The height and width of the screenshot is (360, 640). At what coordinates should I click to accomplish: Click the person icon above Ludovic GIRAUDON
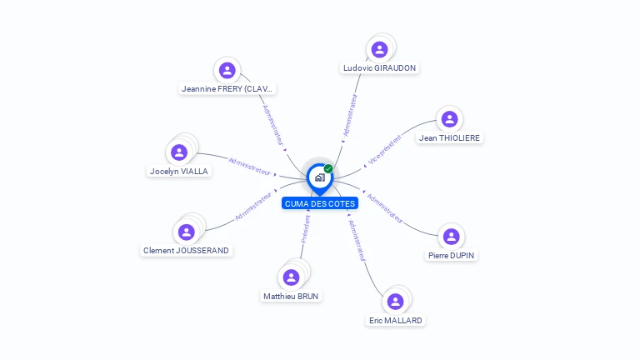379,49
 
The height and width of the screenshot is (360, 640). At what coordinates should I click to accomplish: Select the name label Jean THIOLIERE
449,138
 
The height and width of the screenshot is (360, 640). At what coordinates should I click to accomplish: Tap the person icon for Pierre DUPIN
451,237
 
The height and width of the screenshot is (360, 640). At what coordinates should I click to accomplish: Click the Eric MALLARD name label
396,320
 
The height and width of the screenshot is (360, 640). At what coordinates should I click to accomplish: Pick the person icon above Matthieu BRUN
291,277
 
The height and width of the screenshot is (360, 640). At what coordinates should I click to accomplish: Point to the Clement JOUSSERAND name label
186,250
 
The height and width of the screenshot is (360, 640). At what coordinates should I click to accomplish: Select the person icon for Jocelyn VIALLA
179,152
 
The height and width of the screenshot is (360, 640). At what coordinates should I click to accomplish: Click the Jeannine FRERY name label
227,88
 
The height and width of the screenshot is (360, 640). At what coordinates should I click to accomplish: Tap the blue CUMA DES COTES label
320,203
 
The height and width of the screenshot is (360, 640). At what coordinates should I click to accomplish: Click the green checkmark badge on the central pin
328,168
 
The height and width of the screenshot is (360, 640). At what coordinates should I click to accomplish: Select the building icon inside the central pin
320,177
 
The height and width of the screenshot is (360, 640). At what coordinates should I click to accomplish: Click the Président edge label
306,229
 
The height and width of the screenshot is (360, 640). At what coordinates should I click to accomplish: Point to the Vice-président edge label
384,150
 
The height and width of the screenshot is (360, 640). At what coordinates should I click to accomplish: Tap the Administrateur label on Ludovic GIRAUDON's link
350,116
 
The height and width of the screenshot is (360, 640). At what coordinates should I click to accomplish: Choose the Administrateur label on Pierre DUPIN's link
384,208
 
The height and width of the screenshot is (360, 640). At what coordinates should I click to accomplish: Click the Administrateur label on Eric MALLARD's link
357,240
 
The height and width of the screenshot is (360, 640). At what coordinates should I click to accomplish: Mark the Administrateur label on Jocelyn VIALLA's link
249,167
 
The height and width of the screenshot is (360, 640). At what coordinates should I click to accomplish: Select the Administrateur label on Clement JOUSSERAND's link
253,206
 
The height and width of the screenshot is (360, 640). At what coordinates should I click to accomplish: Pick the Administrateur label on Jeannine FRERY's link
272,125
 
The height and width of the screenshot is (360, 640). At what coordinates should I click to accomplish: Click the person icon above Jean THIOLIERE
449,119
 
